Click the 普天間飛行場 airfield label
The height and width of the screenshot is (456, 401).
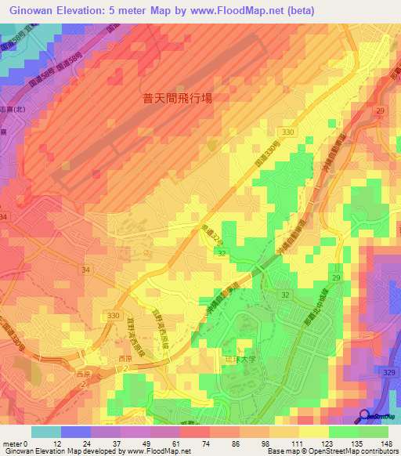click(x=178, y=99)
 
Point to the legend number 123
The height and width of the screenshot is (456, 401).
click(x=328, y=443)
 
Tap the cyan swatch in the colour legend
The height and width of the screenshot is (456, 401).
click(x=46, y=431)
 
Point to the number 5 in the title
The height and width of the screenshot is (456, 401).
click(x=118, y=9)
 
